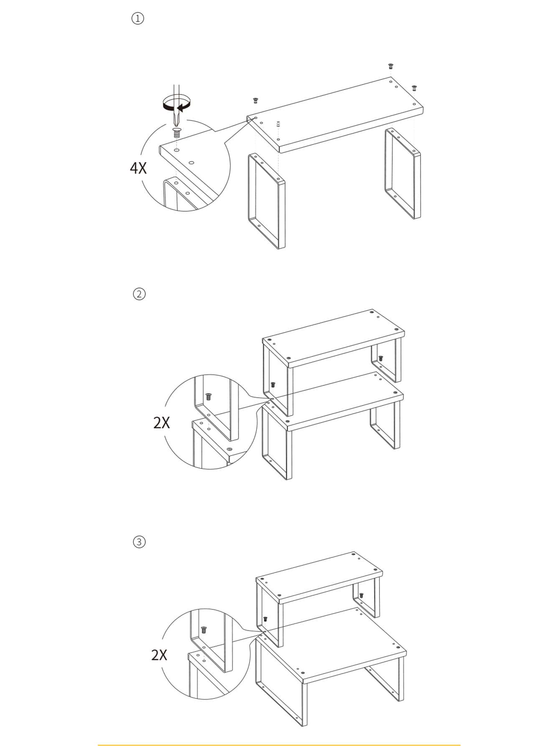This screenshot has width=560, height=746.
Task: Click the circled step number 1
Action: (137, 19)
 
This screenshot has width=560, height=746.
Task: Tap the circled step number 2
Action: (139, 294)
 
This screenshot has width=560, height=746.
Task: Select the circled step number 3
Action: (139, 542)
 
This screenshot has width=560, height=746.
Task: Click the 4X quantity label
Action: (138, 168)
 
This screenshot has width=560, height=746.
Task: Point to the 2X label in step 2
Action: (162, 423)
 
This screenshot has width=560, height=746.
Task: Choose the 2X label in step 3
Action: (159, 654)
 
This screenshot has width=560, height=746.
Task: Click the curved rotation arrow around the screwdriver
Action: (176, 103)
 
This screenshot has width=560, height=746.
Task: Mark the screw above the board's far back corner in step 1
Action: (391, 66)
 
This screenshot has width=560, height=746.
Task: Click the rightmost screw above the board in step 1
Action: (414, 88)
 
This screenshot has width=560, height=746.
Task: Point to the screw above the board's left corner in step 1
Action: (255, 100)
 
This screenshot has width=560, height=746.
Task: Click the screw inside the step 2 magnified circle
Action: (208, 396)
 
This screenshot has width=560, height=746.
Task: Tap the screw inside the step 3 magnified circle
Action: (204, 630)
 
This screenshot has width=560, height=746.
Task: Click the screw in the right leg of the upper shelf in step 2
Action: (381, 358)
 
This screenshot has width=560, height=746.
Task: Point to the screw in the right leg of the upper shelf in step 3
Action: (361, 595)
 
